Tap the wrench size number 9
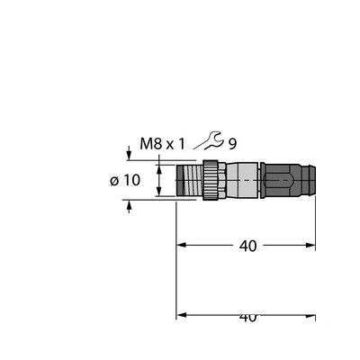pyautogui.click(x=232, y=142)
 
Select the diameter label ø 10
pyautogui.click(x=125, y=179)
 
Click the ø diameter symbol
pyautogui.click(x=114, y=180)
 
